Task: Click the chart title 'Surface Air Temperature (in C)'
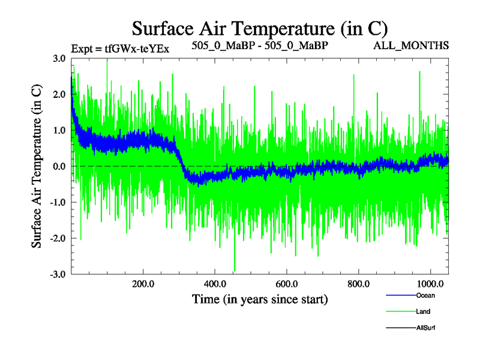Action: [259, 28]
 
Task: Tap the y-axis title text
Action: [37, 166]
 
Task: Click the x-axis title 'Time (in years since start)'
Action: [260, 298]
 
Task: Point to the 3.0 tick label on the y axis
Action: [59, 59]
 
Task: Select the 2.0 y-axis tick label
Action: [59, 95]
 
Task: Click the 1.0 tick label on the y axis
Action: [59, 131]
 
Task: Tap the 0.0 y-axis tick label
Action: [59, 166]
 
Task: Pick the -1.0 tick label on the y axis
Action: [58, 202]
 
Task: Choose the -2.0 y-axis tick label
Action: [58, 238]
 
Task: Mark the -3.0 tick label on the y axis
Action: [58, 274]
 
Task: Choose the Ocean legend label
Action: [425, 295]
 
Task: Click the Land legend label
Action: [423, 311]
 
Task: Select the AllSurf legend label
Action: [425, 328]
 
